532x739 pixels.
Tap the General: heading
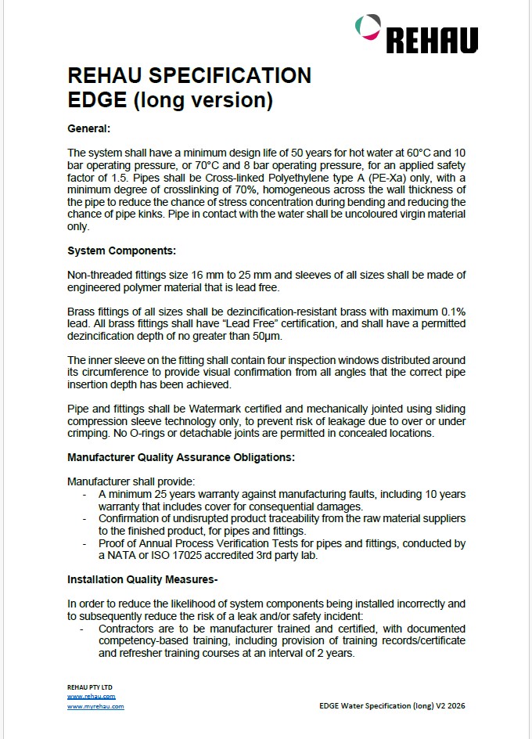[89, 128]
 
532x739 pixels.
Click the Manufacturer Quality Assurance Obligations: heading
[182, 456]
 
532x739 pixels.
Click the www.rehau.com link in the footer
[92, 696]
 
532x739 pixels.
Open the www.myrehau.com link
[95, 706]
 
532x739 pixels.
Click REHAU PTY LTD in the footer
[91, 686]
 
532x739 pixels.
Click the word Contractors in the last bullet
[130, 629]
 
